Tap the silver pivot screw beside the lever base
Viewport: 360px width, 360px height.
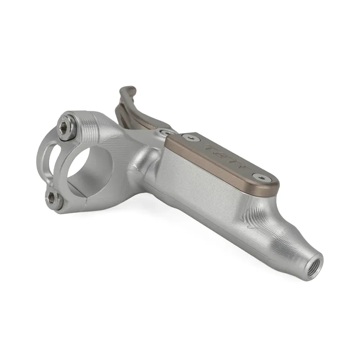pos(166,132)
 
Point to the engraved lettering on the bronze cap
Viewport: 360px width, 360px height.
pos(225,155)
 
